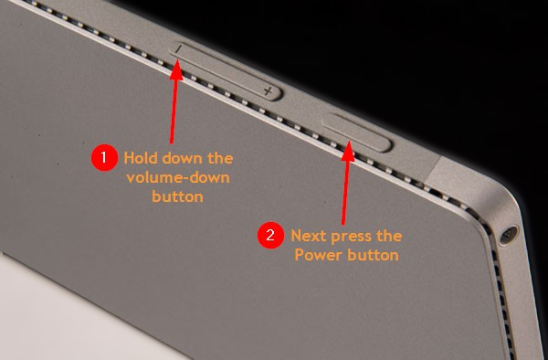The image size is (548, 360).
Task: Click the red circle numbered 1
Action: coord(104,158)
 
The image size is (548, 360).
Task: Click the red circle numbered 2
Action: coord(270,236)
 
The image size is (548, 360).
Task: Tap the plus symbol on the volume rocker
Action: coord(269,91)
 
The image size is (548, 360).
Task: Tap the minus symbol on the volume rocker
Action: coord(179,49)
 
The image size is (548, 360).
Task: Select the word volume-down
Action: coord(178,177)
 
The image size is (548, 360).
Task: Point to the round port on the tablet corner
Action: coord(509,235)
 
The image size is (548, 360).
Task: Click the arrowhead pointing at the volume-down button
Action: coord(177,70)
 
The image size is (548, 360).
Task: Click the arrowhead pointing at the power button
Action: coord(348,151)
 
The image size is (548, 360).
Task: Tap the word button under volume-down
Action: coord(177,196)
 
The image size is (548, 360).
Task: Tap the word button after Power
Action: coord(373,255)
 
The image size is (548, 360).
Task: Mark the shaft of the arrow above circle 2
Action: coord(345,193)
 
